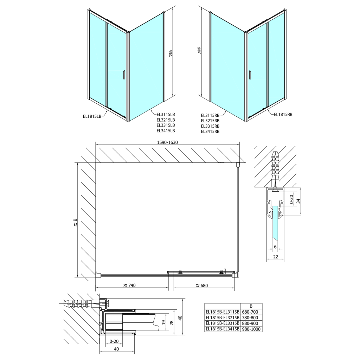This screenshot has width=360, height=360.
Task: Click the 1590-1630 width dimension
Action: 167,142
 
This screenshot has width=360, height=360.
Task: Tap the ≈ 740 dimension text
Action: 129,285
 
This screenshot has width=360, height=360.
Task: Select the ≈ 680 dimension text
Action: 201,285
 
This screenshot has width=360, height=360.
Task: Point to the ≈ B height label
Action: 75,222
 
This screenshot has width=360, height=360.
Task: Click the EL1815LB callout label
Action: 92,116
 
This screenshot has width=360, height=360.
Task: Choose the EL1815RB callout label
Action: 283,114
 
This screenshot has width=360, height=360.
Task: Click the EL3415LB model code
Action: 166,131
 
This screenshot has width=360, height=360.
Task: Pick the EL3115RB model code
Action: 210,115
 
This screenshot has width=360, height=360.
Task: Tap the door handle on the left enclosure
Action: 124,75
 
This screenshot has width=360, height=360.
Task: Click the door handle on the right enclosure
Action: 250,75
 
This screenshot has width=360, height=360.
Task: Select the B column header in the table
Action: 251,306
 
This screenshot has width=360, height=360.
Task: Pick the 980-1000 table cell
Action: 251,329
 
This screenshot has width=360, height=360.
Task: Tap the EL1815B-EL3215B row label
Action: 223,318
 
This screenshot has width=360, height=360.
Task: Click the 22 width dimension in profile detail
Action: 276,257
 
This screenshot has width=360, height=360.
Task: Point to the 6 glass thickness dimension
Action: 275,247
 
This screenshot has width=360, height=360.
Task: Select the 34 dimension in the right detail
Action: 298,201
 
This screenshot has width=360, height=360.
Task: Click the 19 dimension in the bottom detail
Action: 163,322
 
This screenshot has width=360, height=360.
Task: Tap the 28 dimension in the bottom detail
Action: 172,322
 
